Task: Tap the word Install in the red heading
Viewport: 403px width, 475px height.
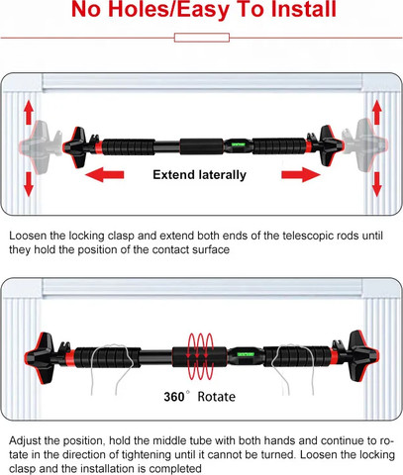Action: tap(304, 9)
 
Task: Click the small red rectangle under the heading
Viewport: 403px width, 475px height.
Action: tap(202, 38)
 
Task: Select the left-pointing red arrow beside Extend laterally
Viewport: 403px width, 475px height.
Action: tap(104, 174)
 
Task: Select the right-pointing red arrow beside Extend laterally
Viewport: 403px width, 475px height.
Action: tap(301, 174)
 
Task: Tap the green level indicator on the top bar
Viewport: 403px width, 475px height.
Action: tap(238, 144)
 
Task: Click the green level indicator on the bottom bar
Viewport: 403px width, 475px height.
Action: tap(246, 354)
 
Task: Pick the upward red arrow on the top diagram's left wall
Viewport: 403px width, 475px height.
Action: tap(29, 112)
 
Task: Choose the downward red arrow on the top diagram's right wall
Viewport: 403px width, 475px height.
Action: tap(376, 184)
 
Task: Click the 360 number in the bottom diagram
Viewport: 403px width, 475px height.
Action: tap(174, 397)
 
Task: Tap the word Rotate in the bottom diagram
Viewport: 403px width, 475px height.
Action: tap(217, 397)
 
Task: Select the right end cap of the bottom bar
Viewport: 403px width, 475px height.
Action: tap(364, 355)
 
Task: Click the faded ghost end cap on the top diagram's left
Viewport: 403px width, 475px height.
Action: tap(36, 146)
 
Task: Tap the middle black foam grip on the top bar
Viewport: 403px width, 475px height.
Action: tap(202, 146)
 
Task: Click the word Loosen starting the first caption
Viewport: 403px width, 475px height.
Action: tap(28, 236)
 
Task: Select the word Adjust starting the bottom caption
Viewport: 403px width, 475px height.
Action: tap(24, 441)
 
